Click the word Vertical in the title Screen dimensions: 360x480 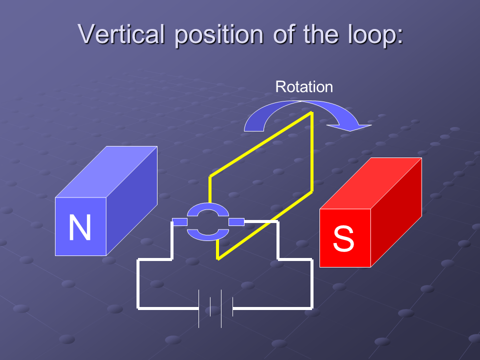click(x=121, y=34)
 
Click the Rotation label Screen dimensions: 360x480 click(x=304, y=87)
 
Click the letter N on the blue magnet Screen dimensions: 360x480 click(x=80, y=227)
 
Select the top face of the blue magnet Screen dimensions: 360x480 click(x=106, y=172)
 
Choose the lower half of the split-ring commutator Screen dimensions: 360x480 click(x=208, y=232)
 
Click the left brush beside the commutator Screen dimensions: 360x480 click(x=179, y=221)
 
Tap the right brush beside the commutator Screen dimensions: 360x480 click(x=236, y=221)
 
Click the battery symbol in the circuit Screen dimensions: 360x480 click(x=215, y=308)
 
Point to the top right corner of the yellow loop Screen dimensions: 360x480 click(x=312, y=113)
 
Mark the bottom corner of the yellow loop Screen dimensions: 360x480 click(x=218, y=258)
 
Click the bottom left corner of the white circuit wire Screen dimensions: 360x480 click(x=138, y=308)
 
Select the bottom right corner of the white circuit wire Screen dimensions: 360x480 click(x=312, y=307)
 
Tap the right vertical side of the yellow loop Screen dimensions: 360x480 click(x=312, y=152)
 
